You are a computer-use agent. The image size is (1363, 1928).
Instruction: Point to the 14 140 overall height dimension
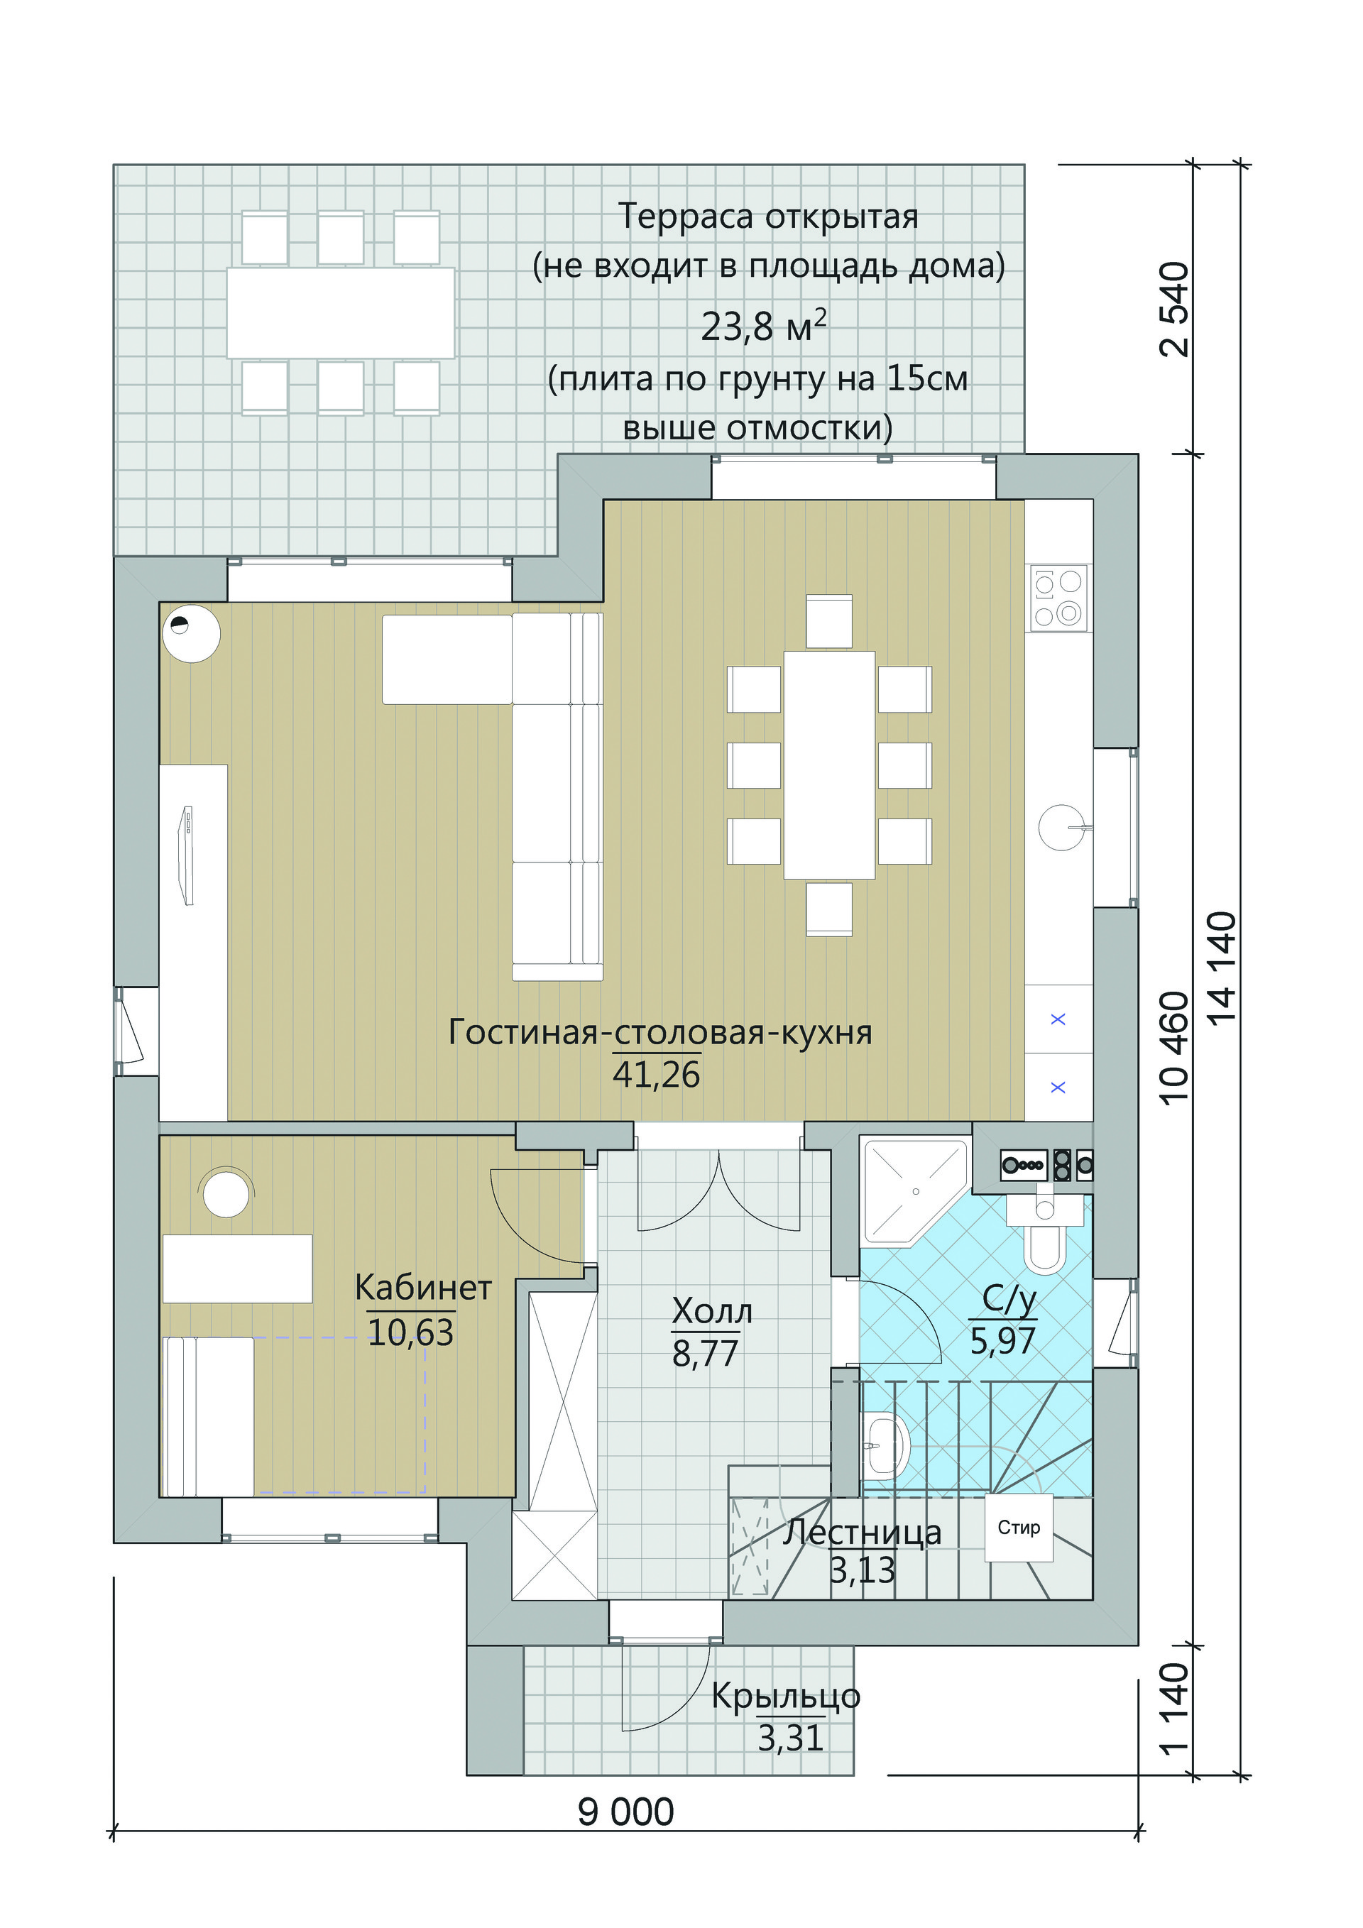[1222, 967]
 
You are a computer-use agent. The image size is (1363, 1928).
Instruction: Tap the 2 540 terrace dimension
[1174, 310]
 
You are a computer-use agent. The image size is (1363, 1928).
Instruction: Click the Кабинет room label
[423, 1287]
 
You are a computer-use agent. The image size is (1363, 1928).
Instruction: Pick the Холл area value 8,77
[706, 1353]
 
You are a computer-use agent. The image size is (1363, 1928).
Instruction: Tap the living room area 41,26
[656, 1074]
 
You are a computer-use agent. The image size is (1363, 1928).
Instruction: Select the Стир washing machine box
[1019, 1528]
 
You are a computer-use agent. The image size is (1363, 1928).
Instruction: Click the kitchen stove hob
[1059, 598]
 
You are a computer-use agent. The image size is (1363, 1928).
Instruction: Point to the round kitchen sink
[1061, 827]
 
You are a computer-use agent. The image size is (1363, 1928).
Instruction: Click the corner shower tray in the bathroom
[914, 1192]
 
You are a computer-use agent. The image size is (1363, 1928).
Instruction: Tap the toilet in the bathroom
[1045, 1234]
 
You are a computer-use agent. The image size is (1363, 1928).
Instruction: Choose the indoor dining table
[829, 765]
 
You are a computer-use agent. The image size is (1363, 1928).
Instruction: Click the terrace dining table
[340, 312]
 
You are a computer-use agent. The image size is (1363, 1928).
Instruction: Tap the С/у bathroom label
[1009, 1300]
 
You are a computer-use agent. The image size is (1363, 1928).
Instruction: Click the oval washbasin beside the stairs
[885, 1447]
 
